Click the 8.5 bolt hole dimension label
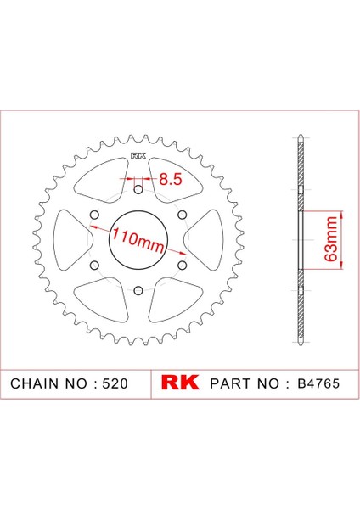[170, 179]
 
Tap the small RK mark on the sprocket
[138, 157]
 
